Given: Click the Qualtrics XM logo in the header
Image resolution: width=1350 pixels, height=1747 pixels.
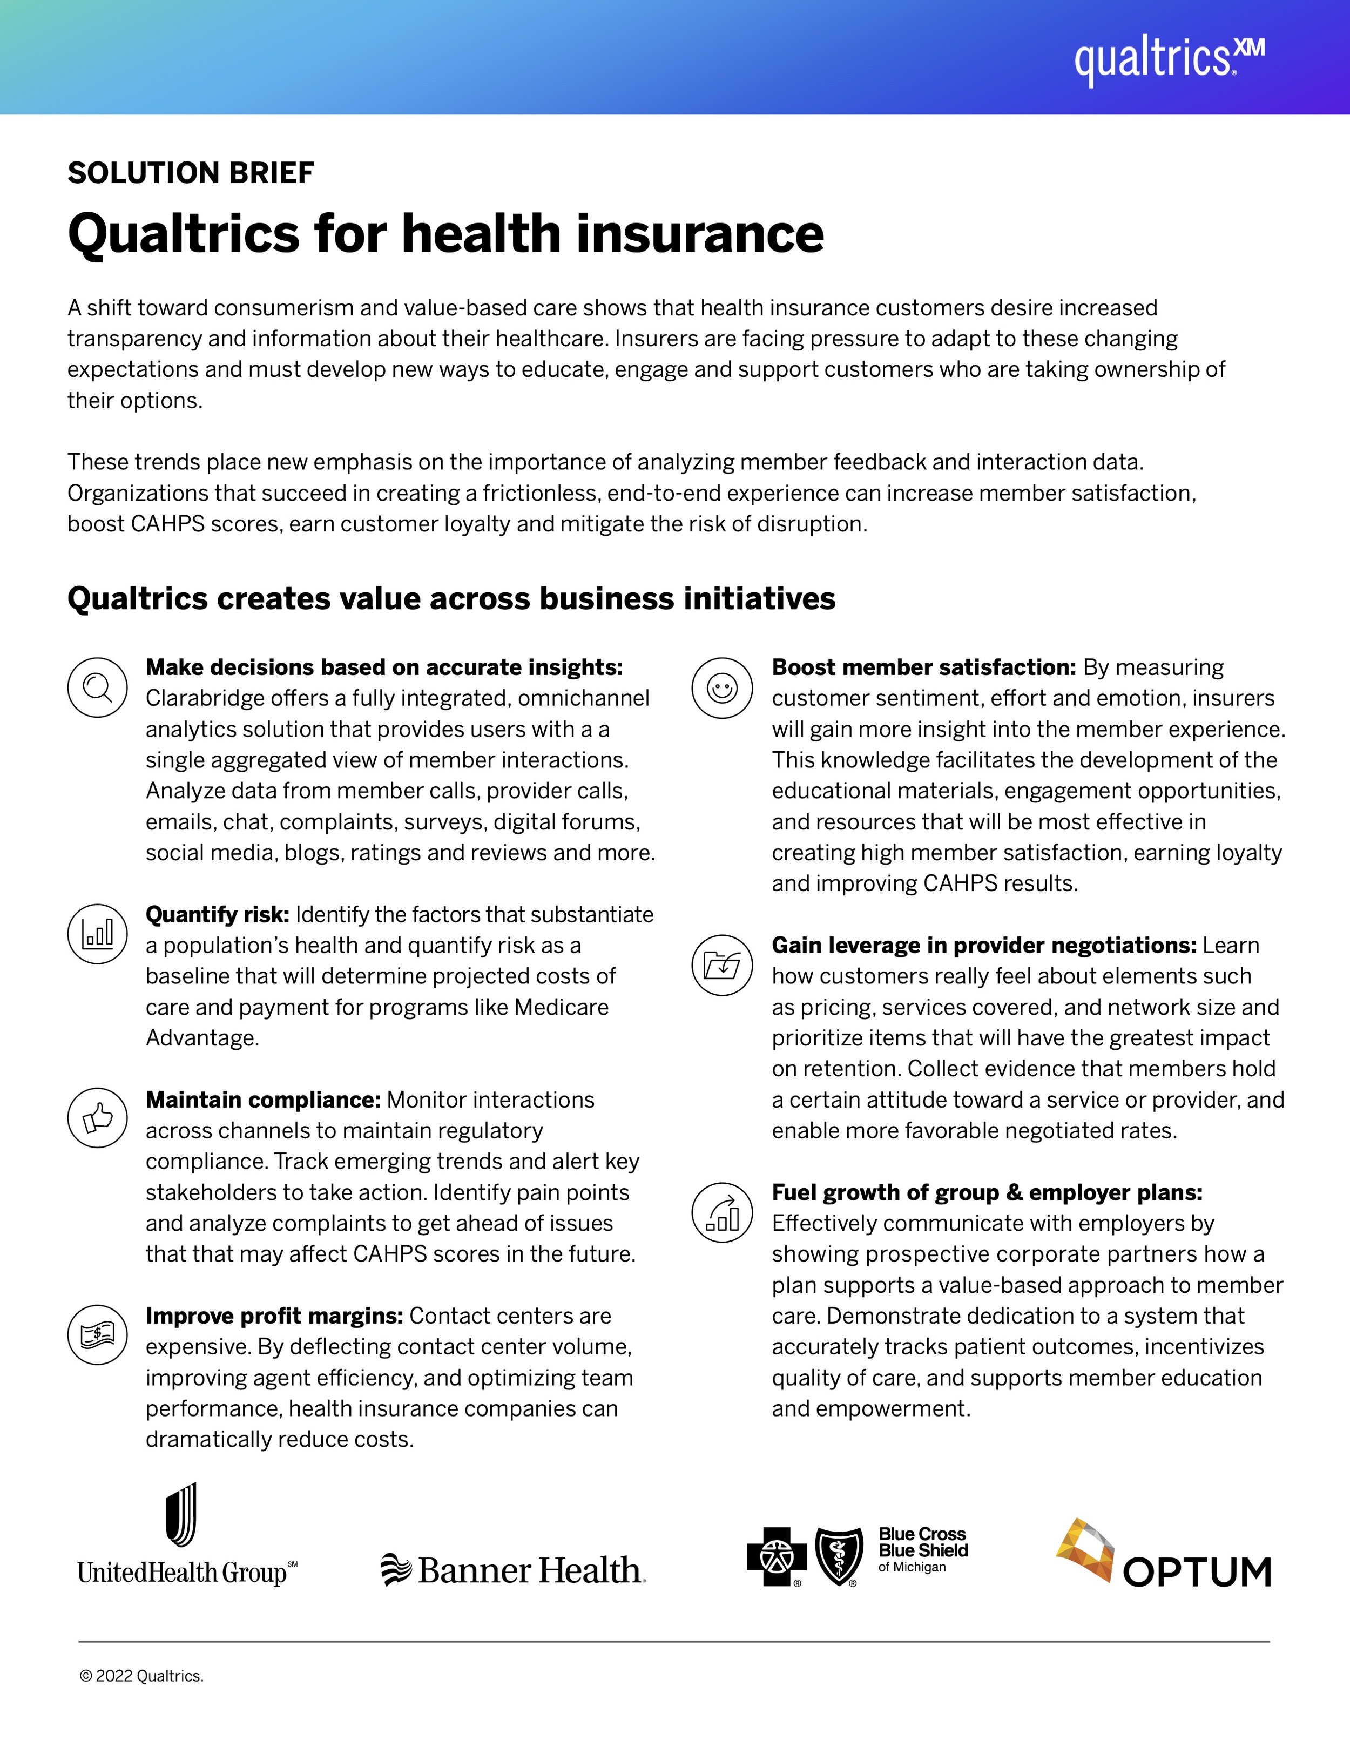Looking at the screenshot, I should click(x=1169, y=59).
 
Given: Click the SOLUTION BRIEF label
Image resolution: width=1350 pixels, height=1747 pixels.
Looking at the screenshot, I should click(x=190, y=173).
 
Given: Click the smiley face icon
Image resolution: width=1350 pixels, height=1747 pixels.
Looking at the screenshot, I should click(x=722, y=687).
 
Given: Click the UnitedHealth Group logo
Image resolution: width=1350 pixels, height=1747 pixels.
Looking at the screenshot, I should click(x=186, y=1536).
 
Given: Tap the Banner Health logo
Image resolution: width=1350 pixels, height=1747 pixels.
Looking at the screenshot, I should click(x=512, y=1570).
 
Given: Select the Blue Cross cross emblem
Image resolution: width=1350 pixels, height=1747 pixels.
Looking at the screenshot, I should click(x=776, y=1556).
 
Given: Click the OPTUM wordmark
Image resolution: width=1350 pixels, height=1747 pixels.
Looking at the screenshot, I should click(x=1197, y=1572).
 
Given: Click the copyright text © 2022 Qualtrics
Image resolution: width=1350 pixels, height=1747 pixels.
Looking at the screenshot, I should click(x=141, y=1676).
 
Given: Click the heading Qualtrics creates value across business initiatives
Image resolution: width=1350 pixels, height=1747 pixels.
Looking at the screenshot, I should click(x=451, y=598).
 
